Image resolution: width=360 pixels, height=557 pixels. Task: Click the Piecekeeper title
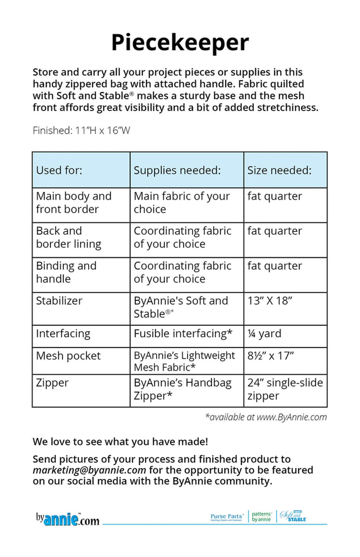(x=180, y=42)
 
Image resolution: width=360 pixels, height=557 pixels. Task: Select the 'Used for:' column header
(x=59, y=170)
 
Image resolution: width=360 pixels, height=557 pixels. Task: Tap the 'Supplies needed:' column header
(x=177, y=170)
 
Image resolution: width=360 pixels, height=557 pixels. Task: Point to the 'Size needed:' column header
(x=280, y=170)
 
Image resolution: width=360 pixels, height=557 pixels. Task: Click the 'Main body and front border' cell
(x=73, y=202)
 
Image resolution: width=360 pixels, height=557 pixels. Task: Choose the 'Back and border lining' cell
(x=69, y=237)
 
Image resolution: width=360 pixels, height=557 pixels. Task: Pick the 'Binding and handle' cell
(x=66, y=272)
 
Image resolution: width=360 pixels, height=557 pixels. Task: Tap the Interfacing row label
(x=63, y=333)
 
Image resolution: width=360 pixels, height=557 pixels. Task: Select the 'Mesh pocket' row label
(x=69, y=356)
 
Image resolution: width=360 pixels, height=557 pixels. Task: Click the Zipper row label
(x=53, y=383)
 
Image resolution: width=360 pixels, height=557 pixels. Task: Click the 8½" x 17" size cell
(x=271, y=356)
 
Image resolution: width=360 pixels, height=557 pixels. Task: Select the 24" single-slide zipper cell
(x=285, y=389)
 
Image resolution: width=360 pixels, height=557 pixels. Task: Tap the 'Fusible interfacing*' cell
(x=183, y=333)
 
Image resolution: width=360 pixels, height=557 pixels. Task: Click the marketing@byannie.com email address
(x=89, y=470)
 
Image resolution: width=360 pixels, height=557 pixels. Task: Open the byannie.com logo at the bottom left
(x=67, y=519)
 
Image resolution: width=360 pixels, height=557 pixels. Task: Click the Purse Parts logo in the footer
(x=227, y=517)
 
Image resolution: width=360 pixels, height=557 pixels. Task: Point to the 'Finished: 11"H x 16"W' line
(x=81, y=131)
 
